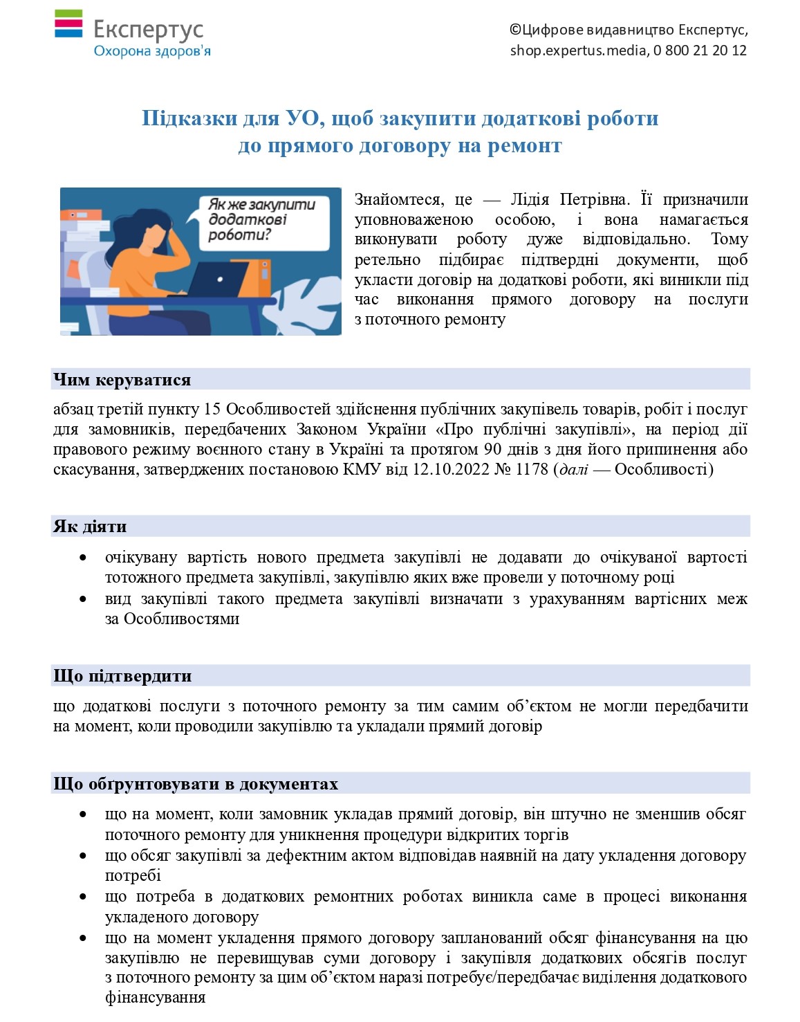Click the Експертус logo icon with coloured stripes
tap(68, 24)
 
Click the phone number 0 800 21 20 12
tap(700, 51)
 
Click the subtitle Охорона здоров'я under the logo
tap(151, 51)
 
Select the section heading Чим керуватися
tap(122, 380)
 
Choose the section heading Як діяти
tap(90, 527)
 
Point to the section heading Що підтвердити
tap(122, 676)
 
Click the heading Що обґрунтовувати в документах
tap(196, 784)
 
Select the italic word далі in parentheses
tap(573, 470)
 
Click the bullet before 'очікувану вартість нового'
tap(83, 558)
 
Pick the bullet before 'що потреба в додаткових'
tap(83, 897)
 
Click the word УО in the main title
tap(302, 118)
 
